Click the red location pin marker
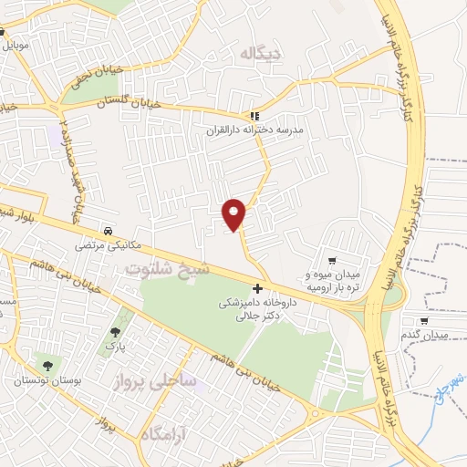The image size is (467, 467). pyautogui.click(x=234, y=213)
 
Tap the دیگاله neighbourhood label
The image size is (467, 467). pyautogui.click(x=258, y=55)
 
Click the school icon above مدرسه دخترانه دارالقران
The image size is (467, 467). pyautogui.click(x=255, y=116)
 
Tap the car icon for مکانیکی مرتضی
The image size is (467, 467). pyautogui.click(x=109, y=231)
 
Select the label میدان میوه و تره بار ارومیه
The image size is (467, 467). pyautogui.click(x=330, y=279)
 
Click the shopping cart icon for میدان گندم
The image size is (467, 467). pyautogui.click(x=424, y=320)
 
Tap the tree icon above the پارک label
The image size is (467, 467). pyautogui.click(x=115, y=332)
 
